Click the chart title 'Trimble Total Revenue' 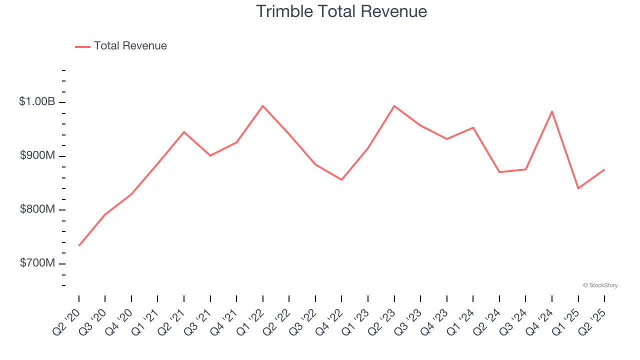click(x=341, y=11)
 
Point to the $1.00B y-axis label click(x=37, y=101)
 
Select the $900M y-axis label click(x=37, y=155)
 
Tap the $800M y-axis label click(x=37, y=209)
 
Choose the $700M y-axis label click(x=37, y=263)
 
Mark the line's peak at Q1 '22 click(x=263, y=106)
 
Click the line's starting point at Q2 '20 click(x=79, y=245)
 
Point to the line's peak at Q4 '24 click(x=552, y=111)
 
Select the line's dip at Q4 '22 click(x=341, y=179)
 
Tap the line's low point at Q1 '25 click(x=578, y=188)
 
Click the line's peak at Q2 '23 click(x=394, y=106)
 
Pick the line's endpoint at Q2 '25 click(x=604, y=169)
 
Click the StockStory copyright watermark click(x=600, y=285)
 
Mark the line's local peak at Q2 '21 click(x=184, y=132)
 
